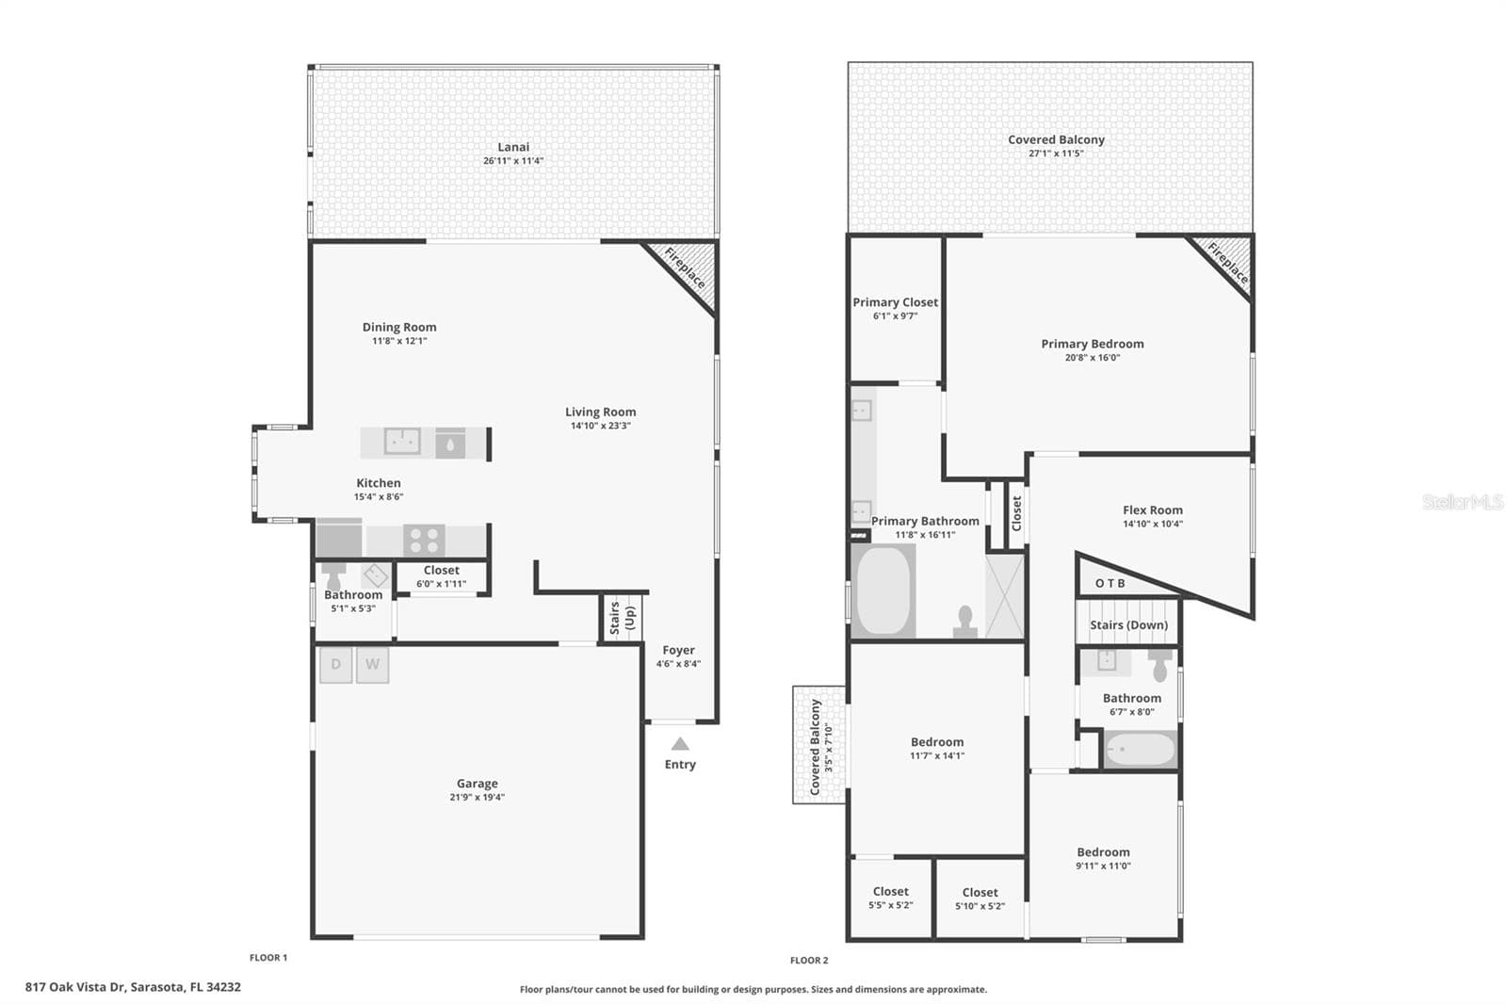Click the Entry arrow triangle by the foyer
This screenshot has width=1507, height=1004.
(680, 743)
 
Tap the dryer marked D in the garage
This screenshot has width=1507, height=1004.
(335, 665)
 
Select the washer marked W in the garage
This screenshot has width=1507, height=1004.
(373, 665)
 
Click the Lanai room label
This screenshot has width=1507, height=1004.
(513, 147)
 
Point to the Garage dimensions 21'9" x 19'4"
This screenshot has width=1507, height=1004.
(477, 798)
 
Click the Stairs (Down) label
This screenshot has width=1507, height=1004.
(1129, 625)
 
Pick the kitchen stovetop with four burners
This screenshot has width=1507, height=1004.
(425, 540)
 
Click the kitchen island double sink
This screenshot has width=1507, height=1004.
(402, 442)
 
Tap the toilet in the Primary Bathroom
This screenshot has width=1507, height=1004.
(964, 623)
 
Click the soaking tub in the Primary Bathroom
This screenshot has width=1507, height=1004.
(883, 591)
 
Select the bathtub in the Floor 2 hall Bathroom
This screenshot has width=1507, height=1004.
(1141, 749)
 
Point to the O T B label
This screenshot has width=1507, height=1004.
(1110, 583)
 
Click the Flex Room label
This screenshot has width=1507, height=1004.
(1153, 510)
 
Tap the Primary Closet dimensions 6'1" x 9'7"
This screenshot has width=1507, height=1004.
(895, 316)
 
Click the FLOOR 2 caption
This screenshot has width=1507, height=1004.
(809, 961)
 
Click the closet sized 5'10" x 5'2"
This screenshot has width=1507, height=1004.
(980, 899)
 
